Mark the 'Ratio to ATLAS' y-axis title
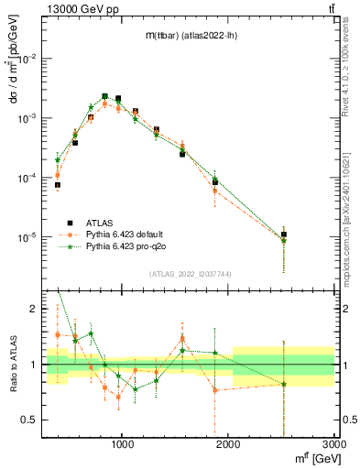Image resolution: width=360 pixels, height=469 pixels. (x=13, y=365)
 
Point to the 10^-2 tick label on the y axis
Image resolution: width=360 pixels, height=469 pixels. (x=25, y=59)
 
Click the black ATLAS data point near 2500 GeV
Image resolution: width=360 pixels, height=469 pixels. (x=284, y=234)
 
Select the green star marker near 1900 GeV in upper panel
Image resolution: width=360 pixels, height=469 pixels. (x=215, y=179)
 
